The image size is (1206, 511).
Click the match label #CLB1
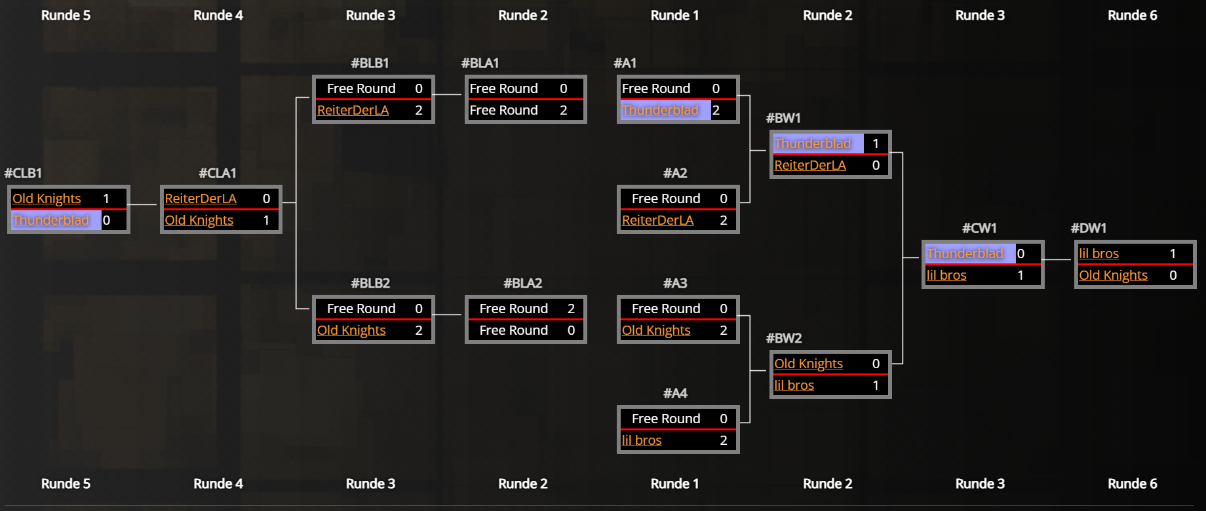[x=23, y=173]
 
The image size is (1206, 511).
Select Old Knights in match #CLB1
[x=47, y=199]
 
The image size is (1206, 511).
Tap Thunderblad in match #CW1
[x=965, y=254]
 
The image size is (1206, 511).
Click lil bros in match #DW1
[x=1099, y=254]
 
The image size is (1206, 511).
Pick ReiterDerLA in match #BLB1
[x=353, y=110]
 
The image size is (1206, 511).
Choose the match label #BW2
[x=784, y=338]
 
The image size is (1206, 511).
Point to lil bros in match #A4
[x=642, y=440]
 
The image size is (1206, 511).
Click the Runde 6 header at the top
[x=1132, y=15]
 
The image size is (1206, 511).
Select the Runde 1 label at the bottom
[x=674, y=483]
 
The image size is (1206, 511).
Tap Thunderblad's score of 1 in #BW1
[x=876, y=143]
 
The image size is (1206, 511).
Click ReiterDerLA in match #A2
[x=657, y=220]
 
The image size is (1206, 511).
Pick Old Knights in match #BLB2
[x=351, y=330]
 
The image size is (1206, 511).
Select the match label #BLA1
[x=480, y=63]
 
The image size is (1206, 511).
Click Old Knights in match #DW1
[x=1113, y=275]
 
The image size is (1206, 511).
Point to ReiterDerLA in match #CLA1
[x=201, y=199]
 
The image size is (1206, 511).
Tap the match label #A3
[x=675, y=283]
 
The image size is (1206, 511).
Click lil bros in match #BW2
[x=794, y=385]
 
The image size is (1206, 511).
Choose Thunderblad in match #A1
[x=660, y=110]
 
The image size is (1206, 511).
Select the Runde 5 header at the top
[x=66, y=15]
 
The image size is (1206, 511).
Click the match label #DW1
[x=1089, y=228]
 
